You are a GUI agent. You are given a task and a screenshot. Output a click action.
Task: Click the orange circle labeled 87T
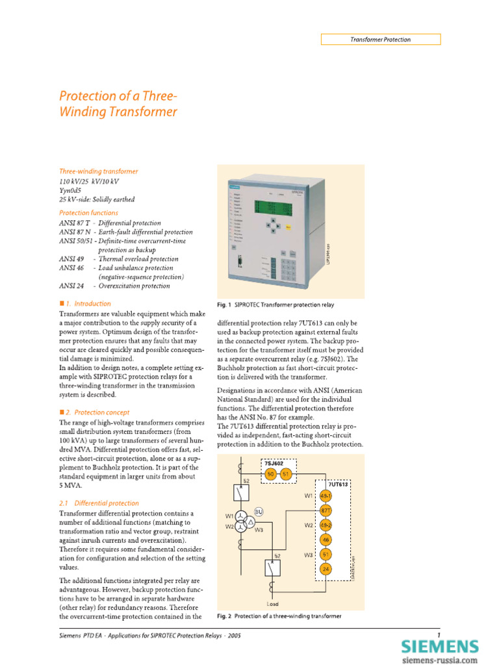click(x=326, y=510)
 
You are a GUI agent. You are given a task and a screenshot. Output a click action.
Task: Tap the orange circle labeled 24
click(x=326, y=569)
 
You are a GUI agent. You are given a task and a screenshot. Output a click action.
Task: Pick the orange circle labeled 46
click(x=326, y=539)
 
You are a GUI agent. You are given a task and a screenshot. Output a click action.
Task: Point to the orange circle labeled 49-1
click(x=326, y=496)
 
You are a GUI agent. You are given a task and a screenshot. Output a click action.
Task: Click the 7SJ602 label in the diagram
click(x=274, y=463)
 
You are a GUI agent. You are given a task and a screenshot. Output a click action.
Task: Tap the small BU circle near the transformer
click(x=258, y=512)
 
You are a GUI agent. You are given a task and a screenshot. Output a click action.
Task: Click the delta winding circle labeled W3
click(x=248, y=523)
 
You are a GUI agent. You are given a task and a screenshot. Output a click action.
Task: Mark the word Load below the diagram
click(x=272, y=604)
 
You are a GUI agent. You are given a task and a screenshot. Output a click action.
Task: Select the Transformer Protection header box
click(x=381, y=40)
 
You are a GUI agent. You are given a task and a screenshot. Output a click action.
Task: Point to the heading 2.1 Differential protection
click(x=99, y=503)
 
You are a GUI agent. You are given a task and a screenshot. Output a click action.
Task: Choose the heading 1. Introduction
click(x=85, y=303)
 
